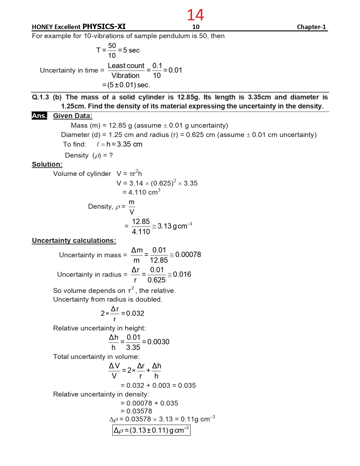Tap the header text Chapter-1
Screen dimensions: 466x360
tap(311, 27)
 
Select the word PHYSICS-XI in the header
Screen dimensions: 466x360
tap(104, 27)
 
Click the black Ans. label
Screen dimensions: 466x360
tap(39, 116)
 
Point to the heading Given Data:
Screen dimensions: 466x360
tap(73, 116)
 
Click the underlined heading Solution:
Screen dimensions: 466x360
tap(47, 164)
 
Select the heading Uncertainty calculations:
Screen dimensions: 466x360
tap(74, 241)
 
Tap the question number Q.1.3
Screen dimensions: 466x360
tap(40, 97)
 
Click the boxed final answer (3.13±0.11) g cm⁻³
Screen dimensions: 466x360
tap(151, 430)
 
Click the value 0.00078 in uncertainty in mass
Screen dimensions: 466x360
tap(188, 254)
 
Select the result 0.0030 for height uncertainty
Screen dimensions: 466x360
tap(158, 342)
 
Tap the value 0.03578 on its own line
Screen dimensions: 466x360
tap(139, 411)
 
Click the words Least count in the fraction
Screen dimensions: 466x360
tap(126, 66)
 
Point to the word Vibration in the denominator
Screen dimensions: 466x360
tap(125, 76)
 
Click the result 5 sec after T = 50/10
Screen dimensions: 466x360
tap(131, 50)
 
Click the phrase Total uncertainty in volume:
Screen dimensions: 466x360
tap(96, 357)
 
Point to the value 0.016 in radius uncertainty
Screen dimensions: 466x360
tap(182, 274)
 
